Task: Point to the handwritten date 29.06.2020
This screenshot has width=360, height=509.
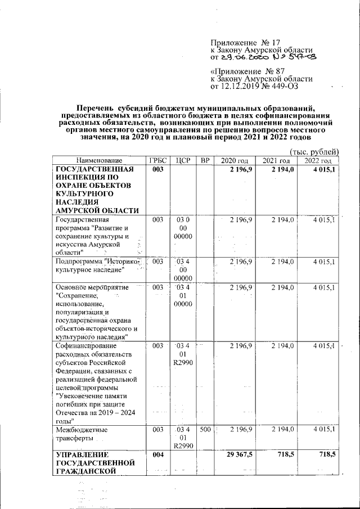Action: [239, 57]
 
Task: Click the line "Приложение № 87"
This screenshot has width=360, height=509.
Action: [245, 71]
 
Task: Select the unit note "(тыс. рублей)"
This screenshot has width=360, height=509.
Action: [314, 151]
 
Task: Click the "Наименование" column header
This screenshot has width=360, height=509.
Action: [99, 160]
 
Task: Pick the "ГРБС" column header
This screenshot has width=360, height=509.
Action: [158, 160]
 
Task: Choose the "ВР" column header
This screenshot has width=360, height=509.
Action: [205, 160]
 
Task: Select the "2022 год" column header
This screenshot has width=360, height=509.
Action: [318, 160]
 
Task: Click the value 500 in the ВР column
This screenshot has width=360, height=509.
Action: [205, 430]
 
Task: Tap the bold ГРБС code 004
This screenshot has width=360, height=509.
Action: [158, 453]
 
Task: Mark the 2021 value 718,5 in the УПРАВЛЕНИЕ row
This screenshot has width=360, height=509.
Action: [284, 453]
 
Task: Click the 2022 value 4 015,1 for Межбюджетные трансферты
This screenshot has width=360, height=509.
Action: [325, 430]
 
